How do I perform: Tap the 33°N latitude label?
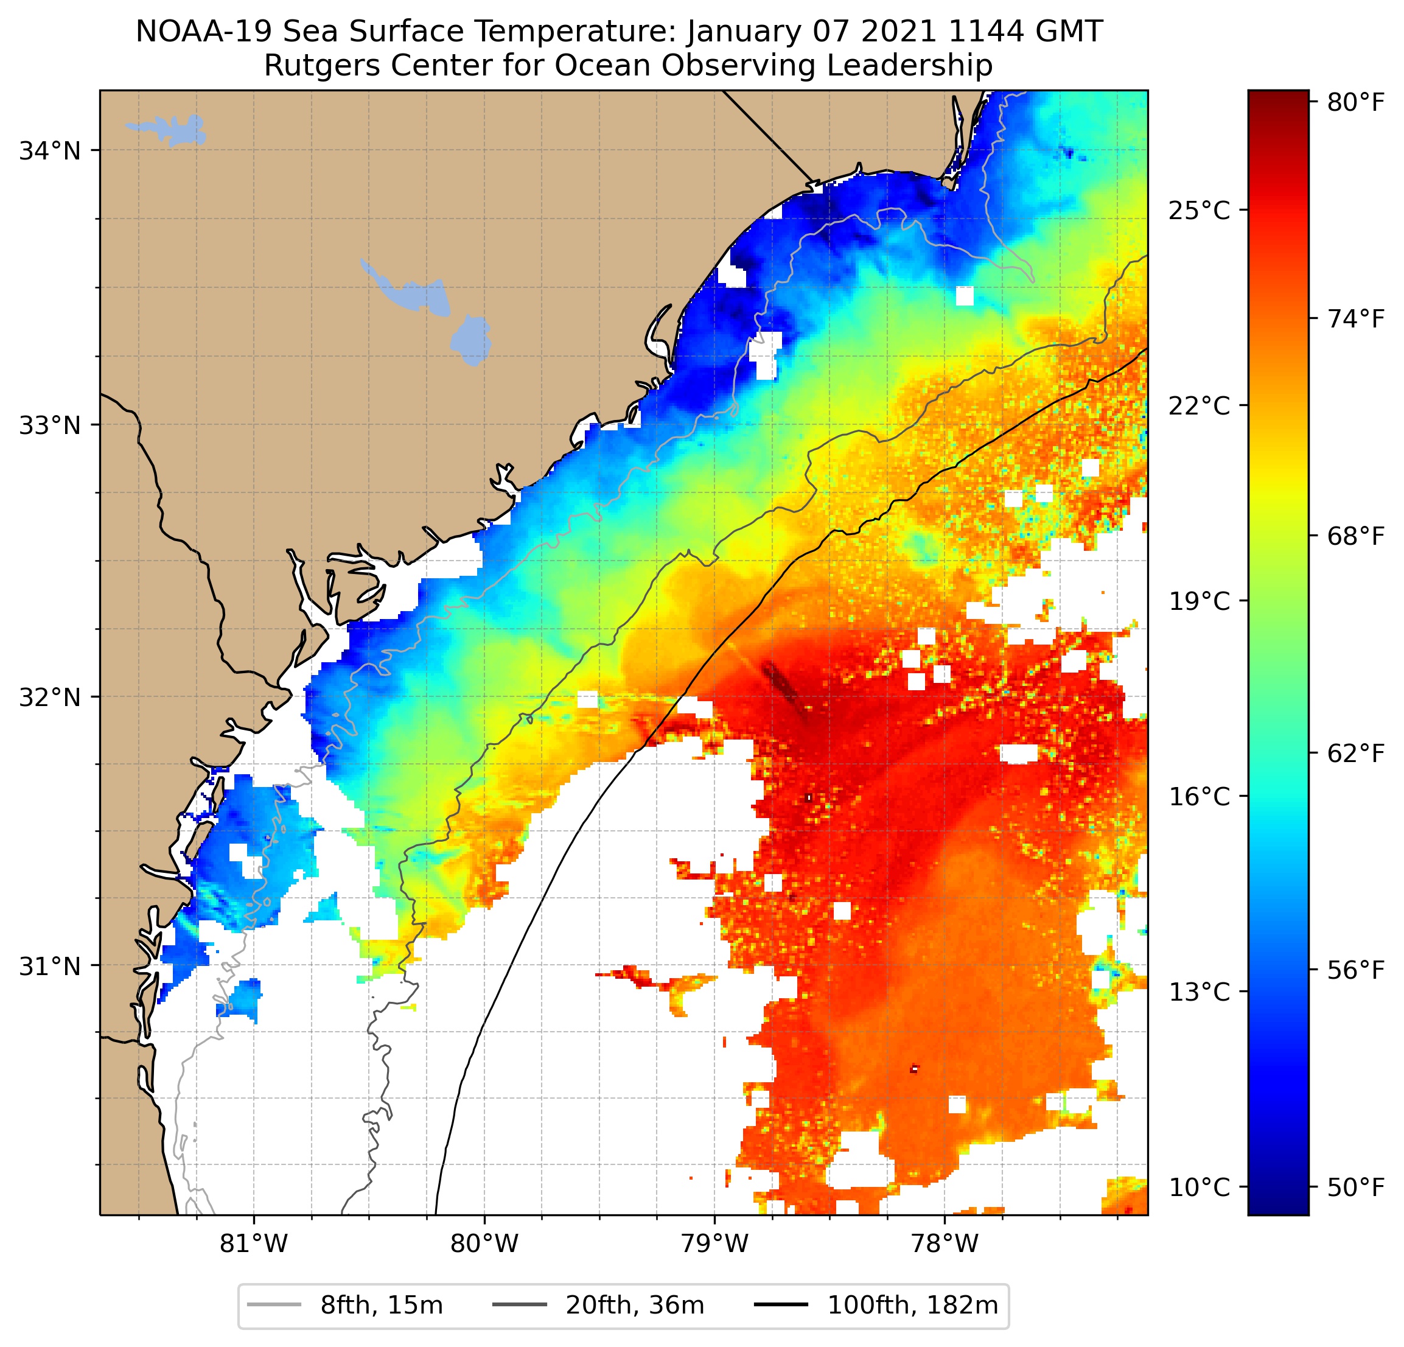click(49, 425)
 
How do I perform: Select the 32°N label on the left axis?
click(49, 697)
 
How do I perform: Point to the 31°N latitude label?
click(49, 967)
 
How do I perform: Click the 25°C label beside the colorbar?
click(1199, 211)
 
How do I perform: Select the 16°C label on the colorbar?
click(1199, 797)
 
